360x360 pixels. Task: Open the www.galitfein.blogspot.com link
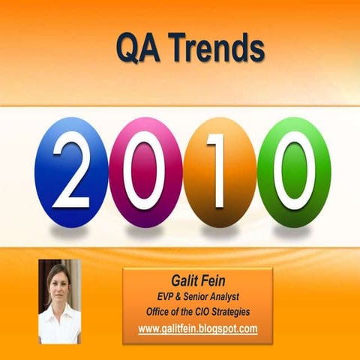198,328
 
